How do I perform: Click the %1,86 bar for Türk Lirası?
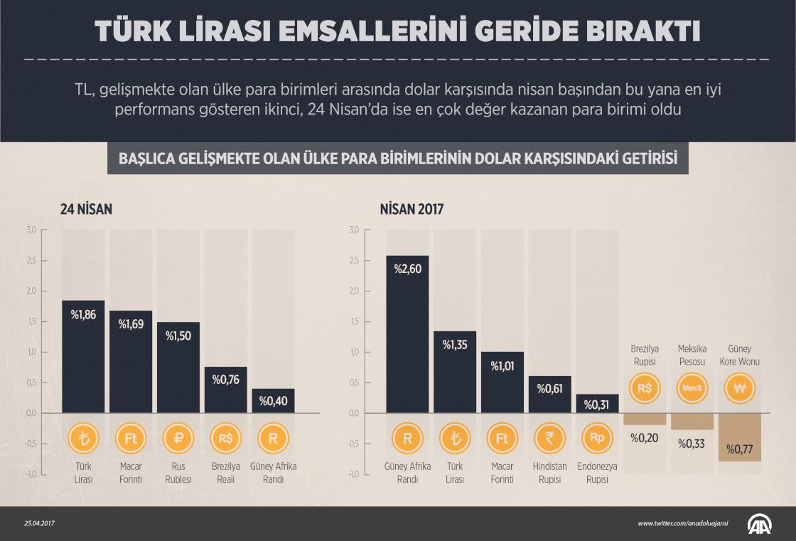[83, 356]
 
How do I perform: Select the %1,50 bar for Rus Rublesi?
[178, 368]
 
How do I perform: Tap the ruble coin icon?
[178, 439]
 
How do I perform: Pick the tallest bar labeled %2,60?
[407, 334]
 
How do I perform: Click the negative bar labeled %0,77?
[740, 437]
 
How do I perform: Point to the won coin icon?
[740, 388]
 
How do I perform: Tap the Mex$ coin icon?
[692, 388]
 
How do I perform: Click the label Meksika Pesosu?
[692, 355]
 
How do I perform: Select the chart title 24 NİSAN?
[86, 210]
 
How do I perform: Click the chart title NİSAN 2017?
[412, 210]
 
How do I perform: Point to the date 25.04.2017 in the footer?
[39, 524]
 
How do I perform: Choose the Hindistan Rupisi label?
[550, 473]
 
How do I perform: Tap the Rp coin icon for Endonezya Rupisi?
[597, 439]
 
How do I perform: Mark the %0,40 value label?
[273, 402]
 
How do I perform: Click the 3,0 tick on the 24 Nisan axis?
[31, 230]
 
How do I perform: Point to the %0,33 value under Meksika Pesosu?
[692, 444]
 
